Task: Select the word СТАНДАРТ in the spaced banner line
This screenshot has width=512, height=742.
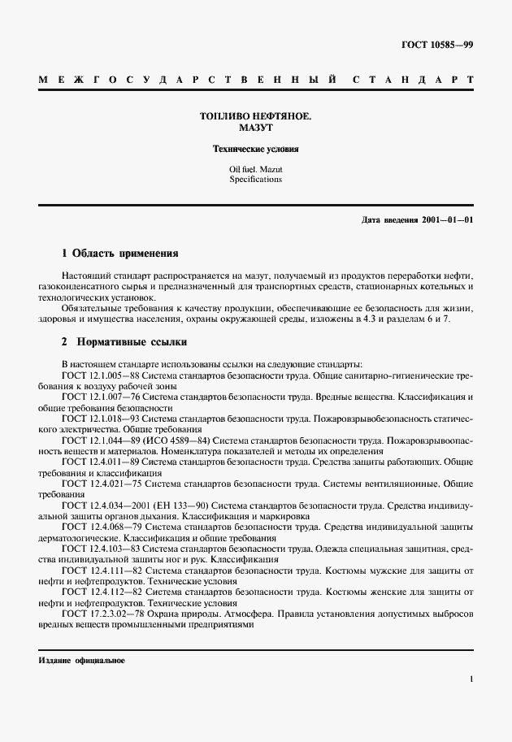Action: click(x=414, y=80)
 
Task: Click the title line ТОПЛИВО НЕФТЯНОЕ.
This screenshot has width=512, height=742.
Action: click(x=255, y=117)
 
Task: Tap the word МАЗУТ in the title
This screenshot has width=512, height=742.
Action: click(x=255, y=128)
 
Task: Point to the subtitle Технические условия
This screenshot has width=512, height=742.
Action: click(x=255, y=150)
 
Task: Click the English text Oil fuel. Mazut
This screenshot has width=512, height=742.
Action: click(x=255, y=169)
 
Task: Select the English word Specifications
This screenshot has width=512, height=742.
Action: click(x=255, y=180)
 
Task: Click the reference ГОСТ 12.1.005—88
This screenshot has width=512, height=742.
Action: click(x=98, y=376)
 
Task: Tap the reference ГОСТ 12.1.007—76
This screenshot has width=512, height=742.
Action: click(x=98, y=397)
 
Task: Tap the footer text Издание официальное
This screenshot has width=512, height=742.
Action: click(x=81, y=660)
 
